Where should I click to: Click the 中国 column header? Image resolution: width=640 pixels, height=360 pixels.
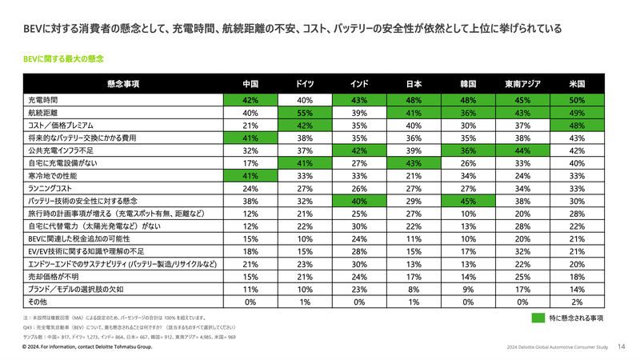250,83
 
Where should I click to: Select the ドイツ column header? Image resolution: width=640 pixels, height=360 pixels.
304,83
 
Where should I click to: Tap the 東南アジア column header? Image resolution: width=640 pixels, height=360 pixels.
523,83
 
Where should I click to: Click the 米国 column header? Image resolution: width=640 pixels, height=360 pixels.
578,83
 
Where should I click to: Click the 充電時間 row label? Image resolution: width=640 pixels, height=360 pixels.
43,101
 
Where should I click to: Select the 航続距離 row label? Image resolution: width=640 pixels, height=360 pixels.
43,114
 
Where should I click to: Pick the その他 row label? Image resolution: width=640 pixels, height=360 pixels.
38,302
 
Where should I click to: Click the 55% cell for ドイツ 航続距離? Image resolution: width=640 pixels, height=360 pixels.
304,114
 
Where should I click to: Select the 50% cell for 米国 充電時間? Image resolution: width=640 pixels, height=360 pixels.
578,101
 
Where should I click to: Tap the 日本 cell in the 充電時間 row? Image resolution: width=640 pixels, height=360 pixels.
414,101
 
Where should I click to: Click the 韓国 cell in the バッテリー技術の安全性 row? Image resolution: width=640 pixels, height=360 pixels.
469,201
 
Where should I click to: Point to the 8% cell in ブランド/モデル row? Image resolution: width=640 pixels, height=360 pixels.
414,289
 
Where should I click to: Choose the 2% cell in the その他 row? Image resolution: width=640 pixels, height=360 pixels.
578,302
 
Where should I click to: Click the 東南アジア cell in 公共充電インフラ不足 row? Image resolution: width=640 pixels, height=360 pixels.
523,150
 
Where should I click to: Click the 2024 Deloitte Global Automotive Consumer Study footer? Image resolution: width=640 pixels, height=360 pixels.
558,348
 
